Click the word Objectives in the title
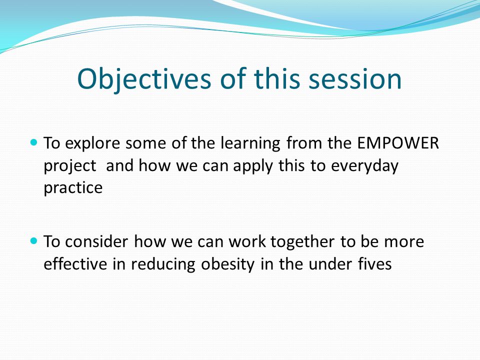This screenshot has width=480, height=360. coord(144,79)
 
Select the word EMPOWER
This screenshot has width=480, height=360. coord(398,143)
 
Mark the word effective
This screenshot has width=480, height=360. coord(75,263)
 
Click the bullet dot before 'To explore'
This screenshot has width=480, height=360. coord(34,142)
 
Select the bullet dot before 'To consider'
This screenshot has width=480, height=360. coord(34,240)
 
